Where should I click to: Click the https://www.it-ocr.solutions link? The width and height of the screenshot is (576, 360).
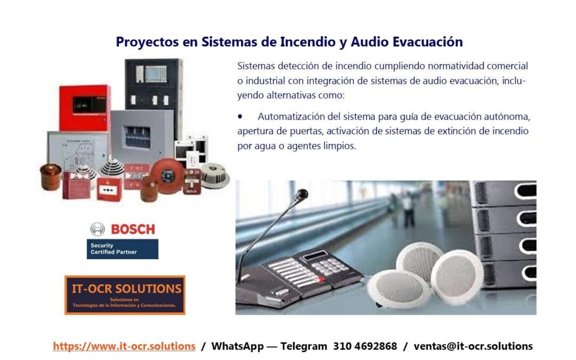[x=124, y=346]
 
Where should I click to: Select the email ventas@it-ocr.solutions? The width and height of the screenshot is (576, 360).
[x=473, y=346]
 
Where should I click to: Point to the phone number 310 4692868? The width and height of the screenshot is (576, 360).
[x=365, y=346]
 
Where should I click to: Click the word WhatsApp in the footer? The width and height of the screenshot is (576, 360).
[x=237, y=346]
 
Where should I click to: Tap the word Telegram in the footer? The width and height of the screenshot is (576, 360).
[x=304, y=346]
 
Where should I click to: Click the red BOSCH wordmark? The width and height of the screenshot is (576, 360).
[x=133, y=229]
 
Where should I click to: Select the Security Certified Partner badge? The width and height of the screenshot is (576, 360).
[x=122, y=249]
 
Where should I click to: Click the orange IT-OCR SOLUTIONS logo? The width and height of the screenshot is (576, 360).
[x=125, y=295]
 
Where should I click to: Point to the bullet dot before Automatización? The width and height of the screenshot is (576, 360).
[x=240, y=116]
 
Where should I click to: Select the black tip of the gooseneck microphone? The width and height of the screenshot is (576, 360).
[x=302, y=194]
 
